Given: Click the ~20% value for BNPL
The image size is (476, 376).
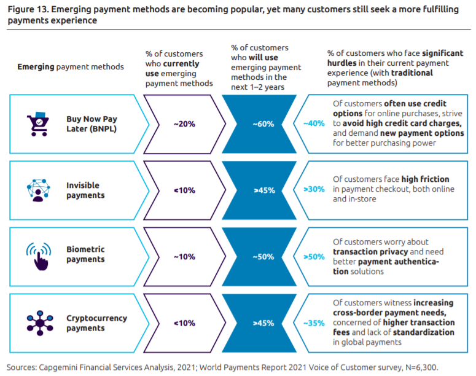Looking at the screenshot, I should click(184, 123).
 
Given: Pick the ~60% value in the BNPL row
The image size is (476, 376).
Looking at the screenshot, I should click(263, 123).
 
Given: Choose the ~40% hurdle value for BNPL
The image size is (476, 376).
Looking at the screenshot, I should click(314, 123).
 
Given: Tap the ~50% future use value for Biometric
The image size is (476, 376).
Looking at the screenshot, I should click(263, 257).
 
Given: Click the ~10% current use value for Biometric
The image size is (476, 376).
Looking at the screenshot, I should click(184, 257).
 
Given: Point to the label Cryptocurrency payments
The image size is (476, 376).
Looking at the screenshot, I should click(96, 323).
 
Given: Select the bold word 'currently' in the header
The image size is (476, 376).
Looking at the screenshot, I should click(181, 63).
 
